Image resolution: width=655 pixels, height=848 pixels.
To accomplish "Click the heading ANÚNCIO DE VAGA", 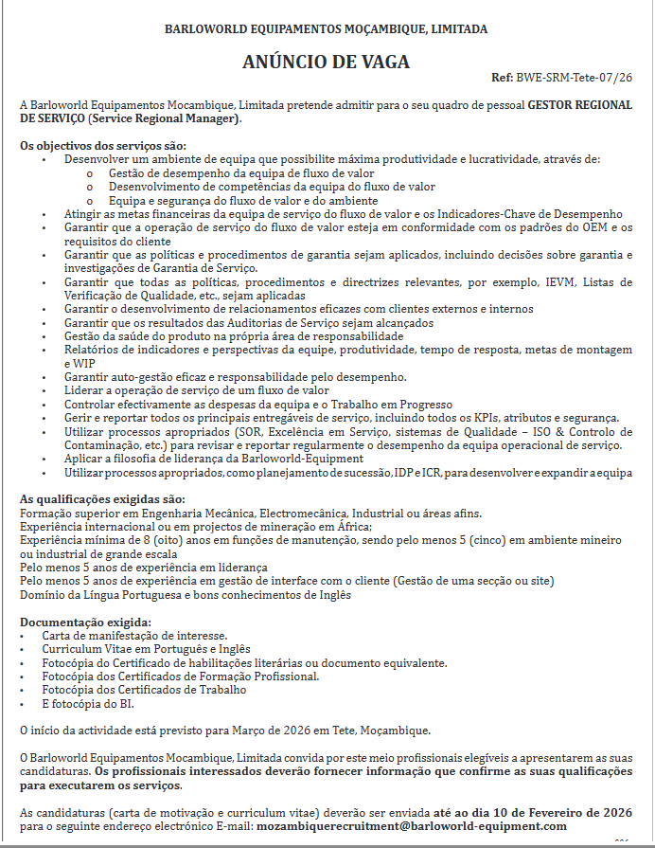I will pyautogui.click(x=326, y=63).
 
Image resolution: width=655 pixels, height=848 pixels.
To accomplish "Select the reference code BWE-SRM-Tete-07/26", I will pyautogui.click(x=574, y=77).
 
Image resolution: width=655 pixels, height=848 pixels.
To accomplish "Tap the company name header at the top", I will pyautogui.click(x=327, y=29).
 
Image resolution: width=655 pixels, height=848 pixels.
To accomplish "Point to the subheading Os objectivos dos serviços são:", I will pyautogui.click(x=103, y=146).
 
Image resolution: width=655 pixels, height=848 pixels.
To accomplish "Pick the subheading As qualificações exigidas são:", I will pyautogui.click(x=102, y=499).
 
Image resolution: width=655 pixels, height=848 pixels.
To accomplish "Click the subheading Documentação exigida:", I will pyautogui.click(x=84, y=622).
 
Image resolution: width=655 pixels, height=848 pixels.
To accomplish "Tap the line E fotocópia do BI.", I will pyautogui.click(x=87, y=704).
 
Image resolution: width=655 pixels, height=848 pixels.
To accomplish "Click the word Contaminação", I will pyautogui.click(x=102, y=445).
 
